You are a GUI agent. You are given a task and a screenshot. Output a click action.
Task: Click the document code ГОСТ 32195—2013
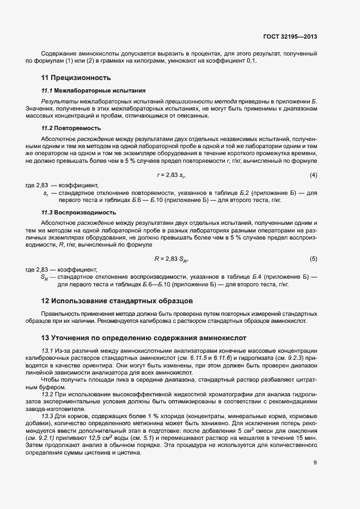pos(290,37)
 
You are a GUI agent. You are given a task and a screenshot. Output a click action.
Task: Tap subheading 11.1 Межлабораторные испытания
pos(93,90)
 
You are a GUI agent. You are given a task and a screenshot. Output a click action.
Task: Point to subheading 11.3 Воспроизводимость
pos(79,212)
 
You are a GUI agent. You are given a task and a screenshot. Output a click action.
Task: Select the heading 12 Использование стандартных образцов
pos(117,301)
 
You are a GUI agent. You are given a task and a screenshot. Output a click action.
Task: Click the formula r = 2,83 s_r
pos(172,175)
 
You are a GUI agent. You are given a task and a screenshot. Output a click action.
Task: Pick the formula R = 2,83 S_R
pos(172,258)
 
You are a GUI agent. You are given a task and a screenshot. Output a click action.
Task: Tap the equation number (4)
pos(313,175)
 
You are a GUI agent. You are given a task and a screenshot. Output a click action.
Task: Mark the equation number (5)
pos(313,258)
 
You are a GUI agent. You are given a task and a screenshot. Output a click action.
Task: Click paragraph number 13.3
pos(48,416)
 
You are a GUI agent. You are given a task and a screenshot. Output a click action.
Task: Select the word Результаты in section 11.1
pos(57,102)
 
